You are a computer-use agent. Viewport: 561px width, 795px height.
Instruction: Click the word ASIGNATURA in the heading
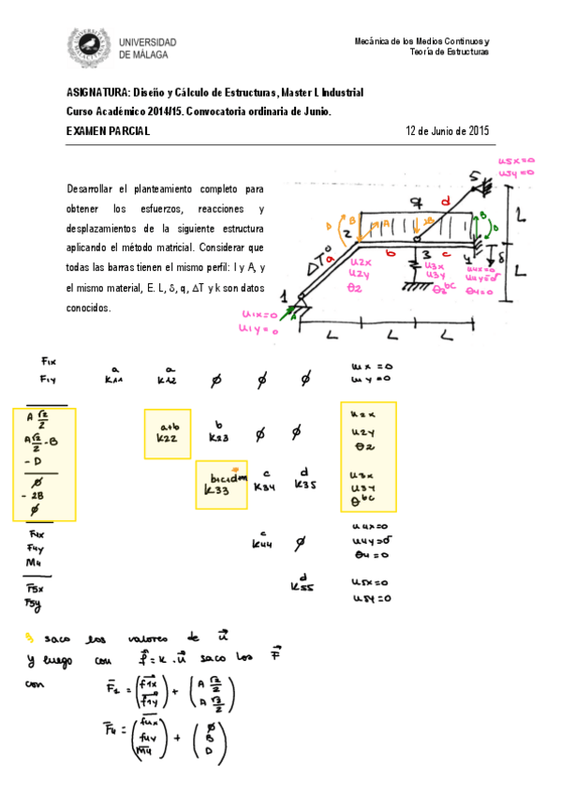coord(97,93)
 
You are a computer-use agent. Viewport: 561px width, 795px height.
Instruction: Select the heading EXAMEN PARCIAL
coord(108,131)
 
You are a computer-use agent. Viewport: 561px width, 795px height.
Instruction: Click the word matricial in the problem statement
coord(199,247)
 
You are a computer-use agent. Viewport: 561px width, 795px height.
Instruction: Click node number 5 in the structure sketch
coord(475,175)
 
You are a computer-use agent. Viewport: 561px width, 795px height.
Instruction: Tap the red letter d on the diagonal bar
coord(444,202)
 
